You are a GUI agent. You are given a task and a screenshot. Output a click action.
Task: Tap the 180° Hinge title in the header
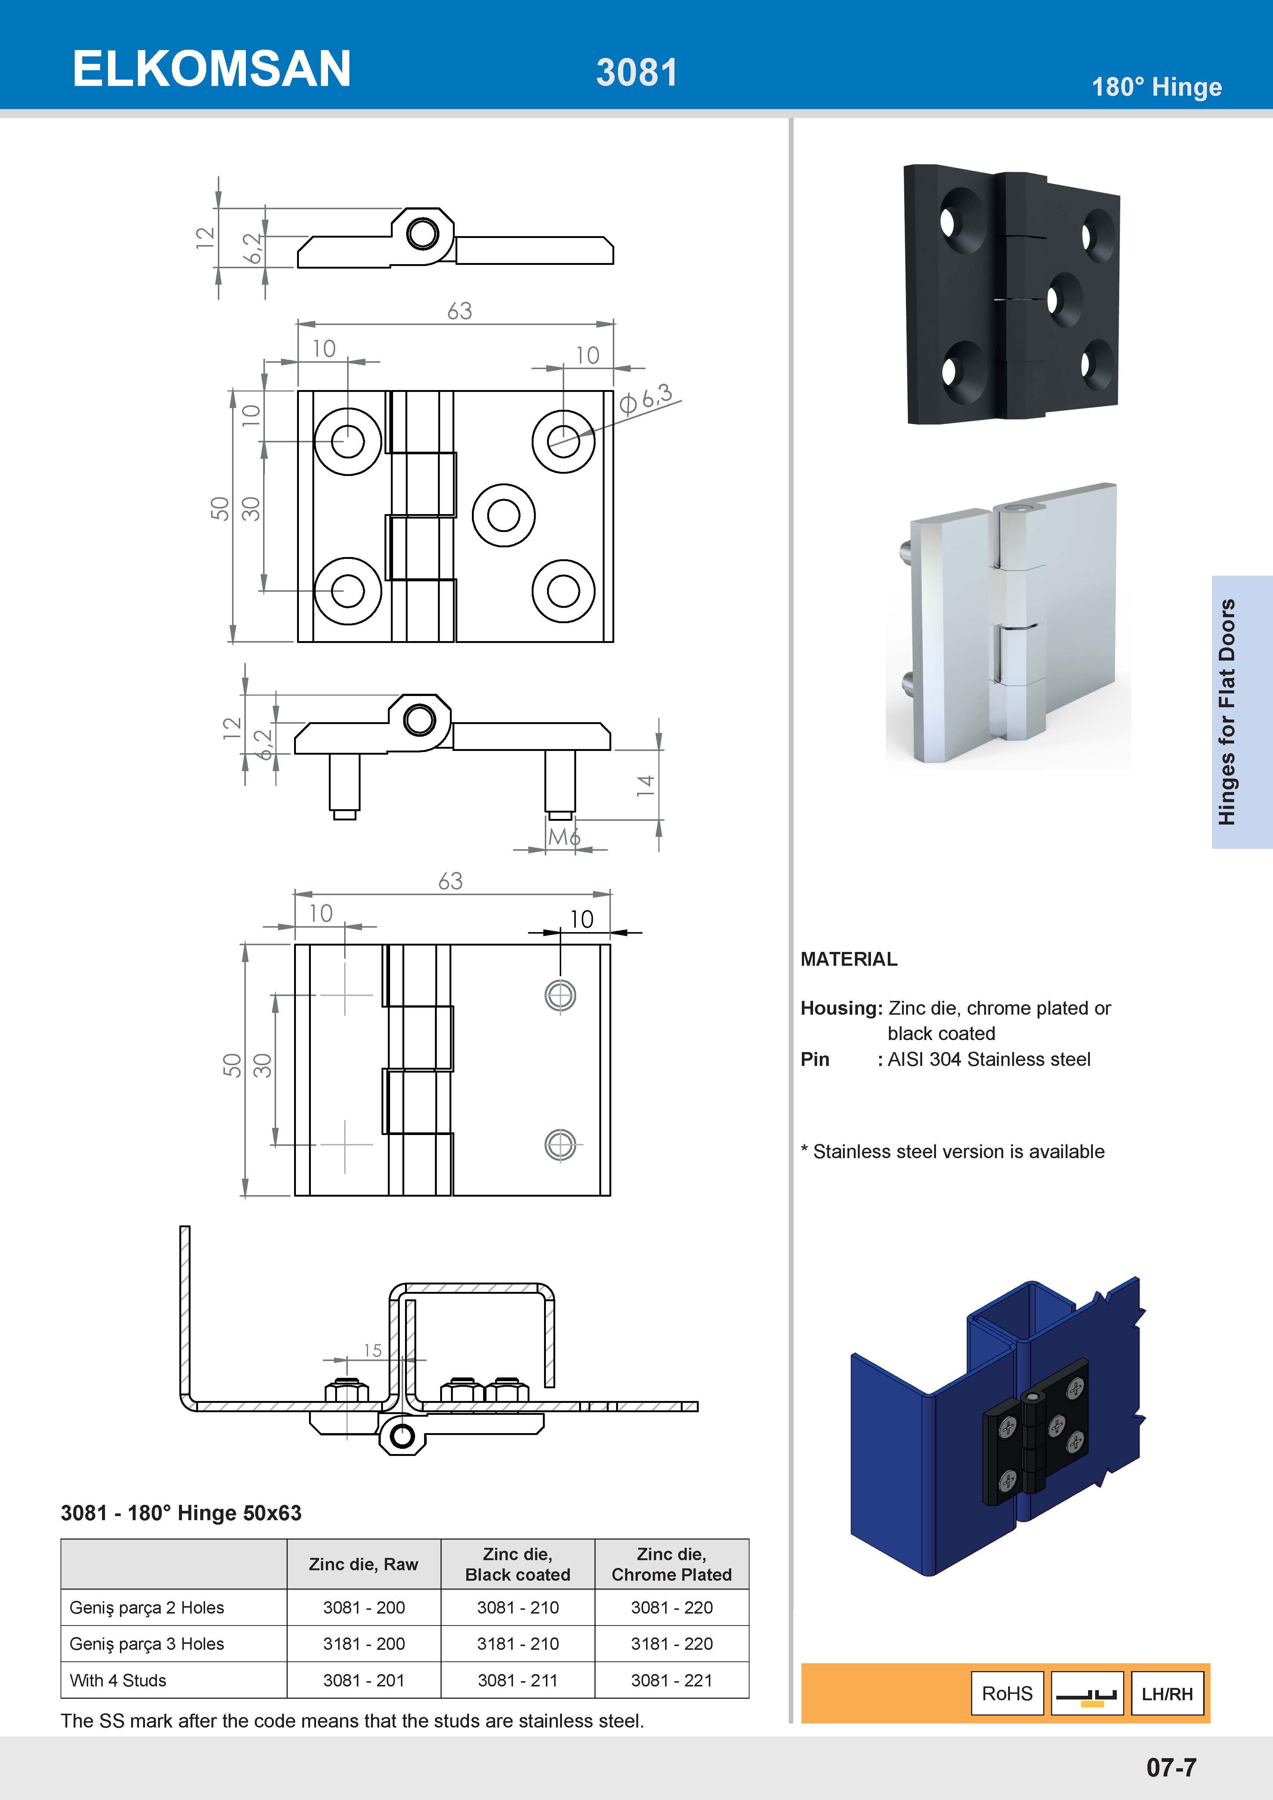[1156, 87]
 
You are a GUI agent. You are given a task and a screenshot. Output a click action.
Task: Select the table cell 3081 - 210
[517, 1607]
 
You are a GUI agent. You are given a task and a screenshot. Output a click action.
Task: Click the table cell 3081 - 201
[364, 1680]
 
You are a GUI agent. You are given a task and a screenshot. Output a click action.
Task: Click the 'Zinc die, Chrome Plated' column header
[672, 1564]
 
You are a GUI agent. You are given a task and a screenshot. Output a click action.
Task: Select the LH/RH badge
[1167, 1694]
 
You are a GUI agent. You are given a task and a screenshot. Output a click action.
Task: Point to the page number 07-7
[1171, 1767]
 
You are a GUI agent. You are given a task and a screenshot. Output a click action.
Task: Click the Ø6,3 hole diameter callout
[647, 398]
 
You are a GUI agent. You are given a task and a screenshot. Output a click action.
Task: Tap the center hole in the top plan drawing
[503, 515]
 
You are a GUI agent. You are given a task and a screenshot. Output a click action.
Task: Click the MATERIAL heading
[849, 959]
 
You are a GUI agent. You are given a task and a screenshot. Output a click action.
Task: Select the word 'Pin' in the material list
[815, 1059]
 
